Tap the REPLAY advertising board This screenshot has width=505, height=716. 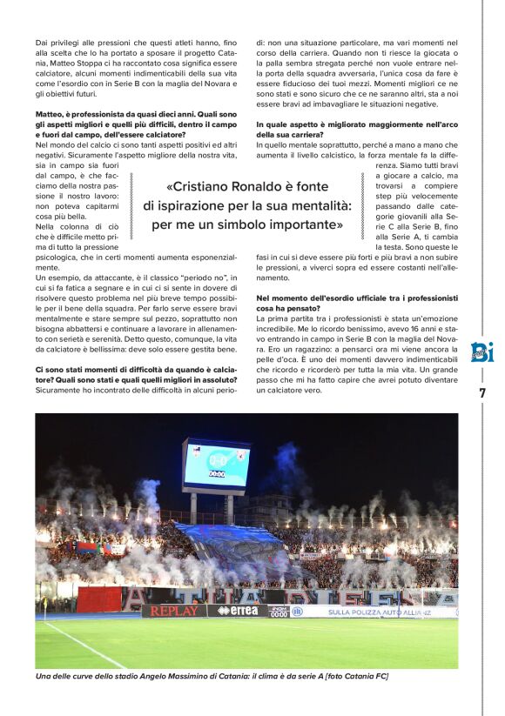click(174, 611)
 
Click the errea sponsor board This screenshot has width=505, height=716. click(237, 611)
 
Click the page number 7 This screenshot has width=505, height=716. click(481, 392)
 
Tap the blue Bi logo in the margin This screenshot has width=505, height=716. click(481, 352)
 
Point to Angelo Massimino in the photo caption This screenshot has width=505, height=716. click(174, 675)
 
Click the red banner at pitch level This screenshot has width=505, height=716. click(98, 599)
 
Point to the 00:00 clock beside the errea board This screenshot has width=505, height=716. click(279, 612)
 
